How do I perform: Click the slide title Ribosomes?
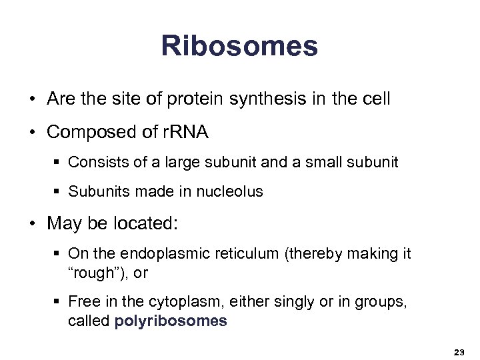[x=239, y=46]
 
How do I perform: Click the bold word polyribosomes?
[x=171, y=321]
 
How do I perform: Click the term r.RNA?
[x=184, y=132]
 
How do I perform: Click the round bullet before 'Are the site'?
[x=32, y=100]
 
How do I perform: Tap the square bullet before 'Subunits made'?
[x=57, y=193]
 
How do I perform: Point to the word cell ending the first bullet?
[x=376, y=99]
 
